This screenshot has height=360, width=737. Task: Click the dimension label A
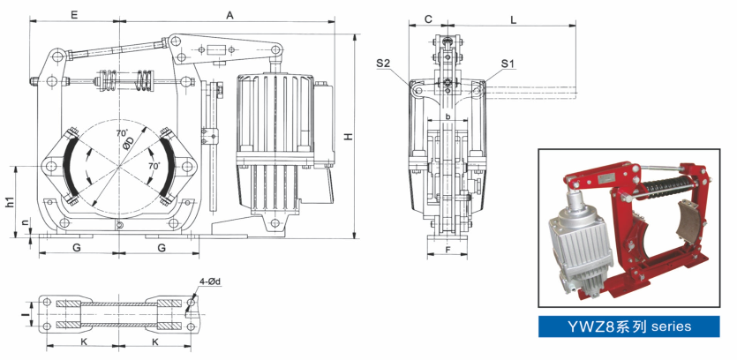coord(229,15)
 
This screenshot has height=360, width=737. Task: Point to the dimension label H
coord(349,137)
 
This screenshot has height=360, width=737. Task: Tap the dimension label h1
coord(10,201)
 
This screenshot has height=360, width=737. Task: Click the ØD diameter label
coord(129,144)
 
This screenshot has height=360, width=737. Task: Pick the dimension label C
coord(428,19)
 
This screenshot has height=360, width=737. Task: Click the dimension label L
coord(514,19)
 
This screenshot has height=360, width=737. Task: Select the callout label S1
coord(508,64)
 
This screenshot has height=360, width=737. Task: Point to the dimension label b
coord(448,115)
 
